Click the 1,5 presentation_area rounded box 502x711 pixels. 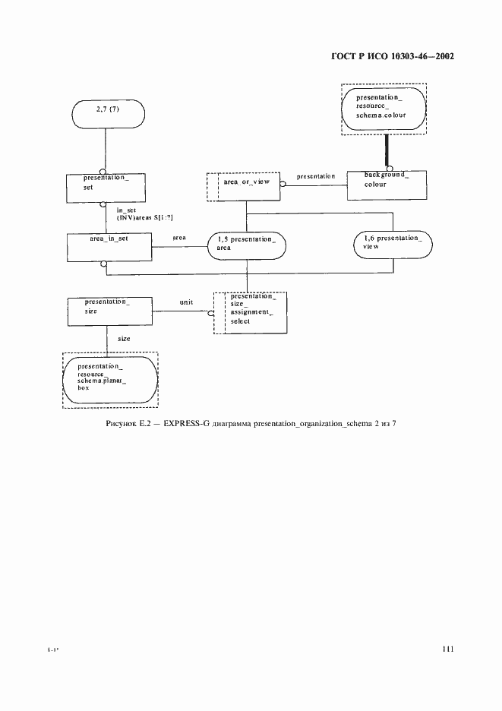[246, 245]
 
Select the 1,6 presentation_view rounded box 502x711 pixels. [392, 243]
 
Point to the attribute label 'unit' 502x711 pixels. [186, 302]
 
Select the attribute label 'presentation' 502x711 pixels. [315, 176]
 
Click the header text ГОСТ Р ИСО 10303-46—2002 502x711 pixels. [393, 56]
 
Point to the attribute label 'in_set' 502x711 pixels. [126, 210]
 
